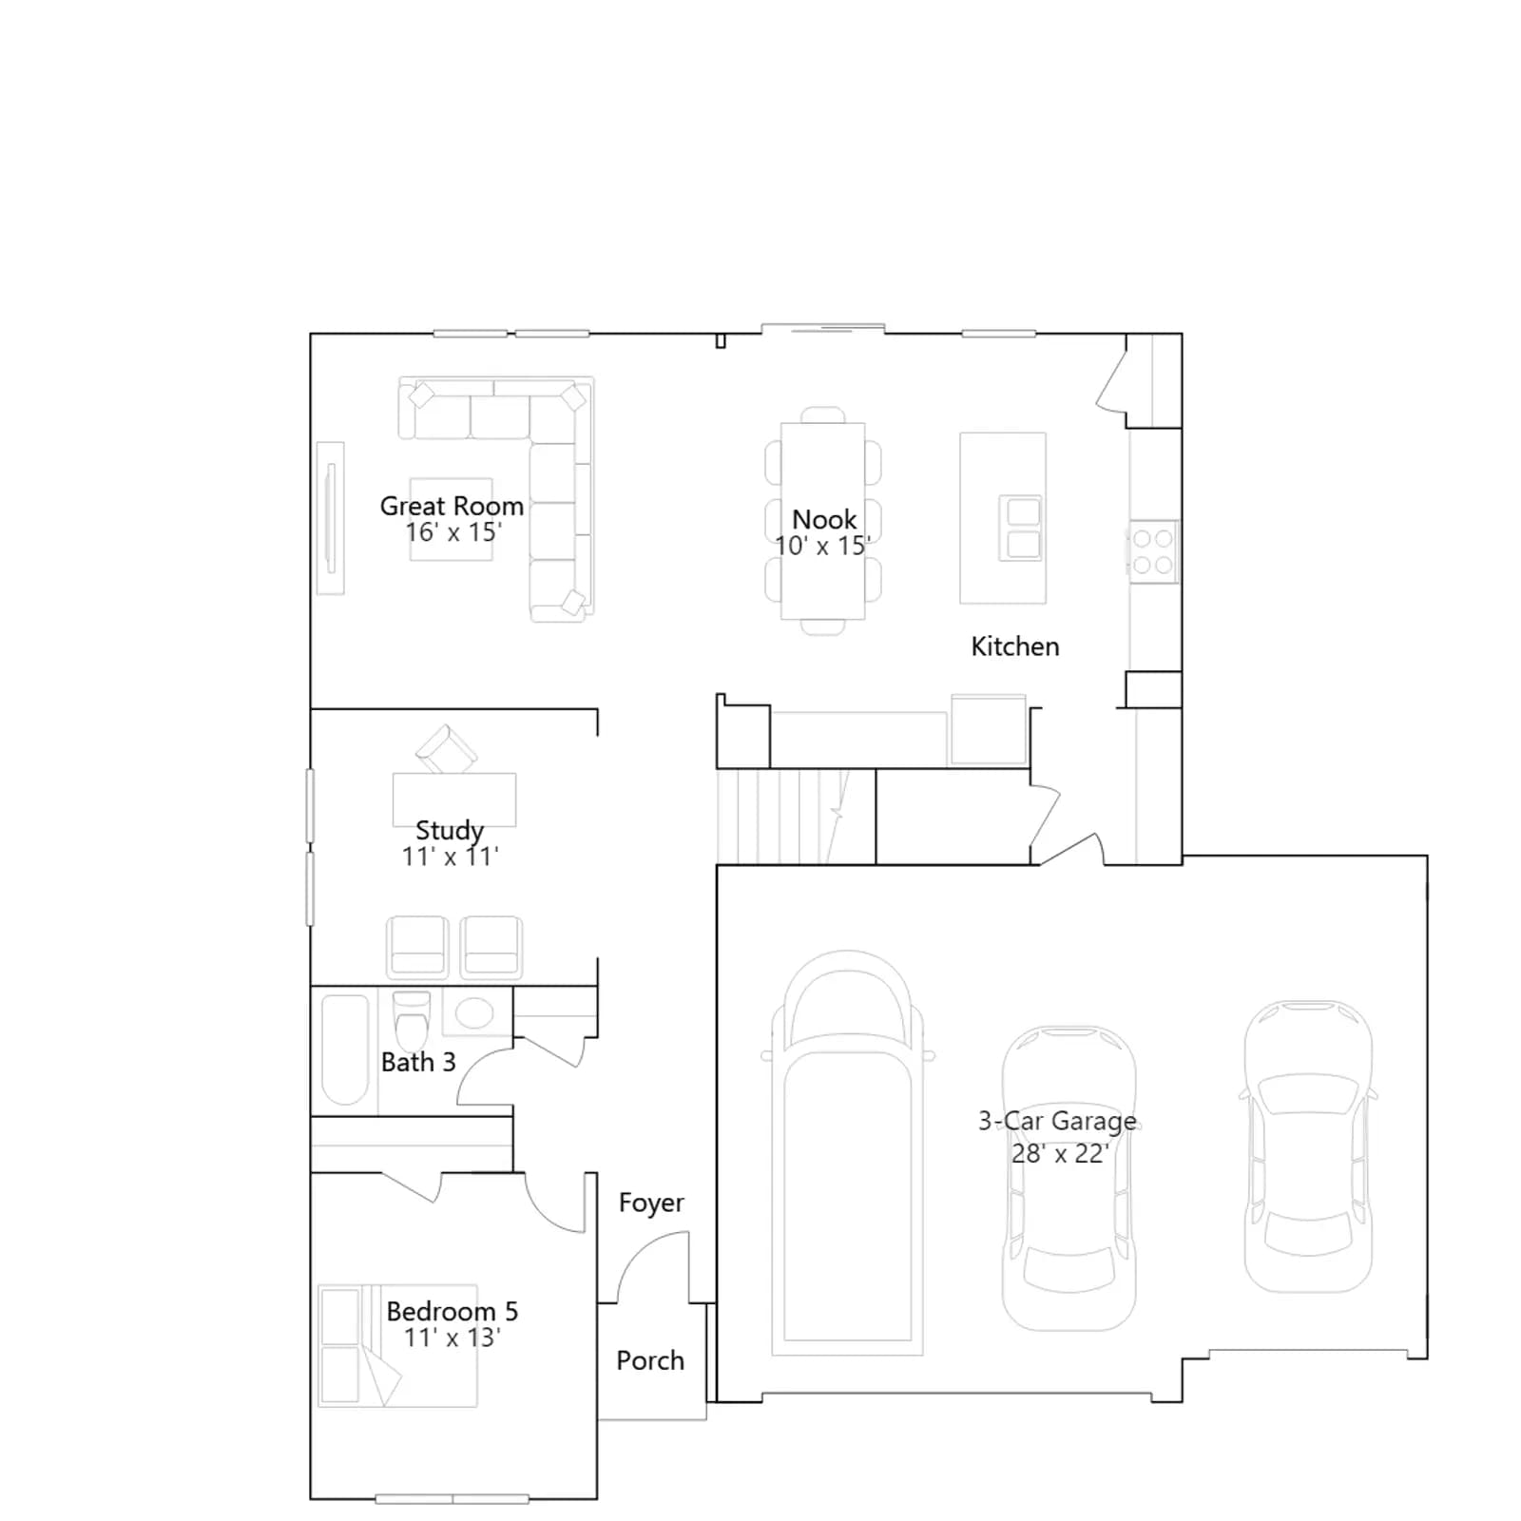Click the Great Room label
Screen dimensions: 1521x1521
(452, 506)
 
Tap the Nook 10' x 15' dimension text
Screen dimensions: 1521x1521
(822, 546)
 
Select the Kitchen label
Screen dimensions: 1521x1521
(1015, 646)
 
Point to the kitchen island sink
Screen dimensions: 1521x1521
(1020, 528)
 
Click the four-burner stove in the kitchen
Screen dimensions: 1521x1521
(1153, 551)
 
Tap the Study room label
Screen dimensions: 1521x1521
(450, 830)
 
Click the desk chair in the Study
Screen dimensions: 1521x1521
(447, 750)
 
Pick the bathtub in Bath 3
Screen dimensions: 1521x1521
(345, 1049)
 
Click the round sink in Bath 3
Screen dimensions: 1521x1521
(474, 1013)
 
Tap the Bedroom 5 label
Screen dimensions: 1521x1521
(452, 1311)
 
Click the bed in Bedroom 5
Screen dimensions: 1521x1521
(397, 1346)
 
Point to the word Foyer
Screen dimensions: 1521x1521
(651, 1203)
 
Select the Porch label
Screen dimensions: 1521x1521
(650, 1360)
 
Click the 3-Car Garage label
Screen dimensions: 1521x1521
(1058, 1121)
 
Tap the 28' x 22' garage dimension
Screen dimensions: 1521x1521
(1060, 1153)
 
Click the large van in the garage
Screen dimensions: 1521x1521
(847, 1152)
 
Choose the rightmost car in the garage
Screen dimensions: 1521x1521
(1308, 1146)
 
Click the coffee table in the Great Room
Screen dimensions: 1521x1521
(452, 519)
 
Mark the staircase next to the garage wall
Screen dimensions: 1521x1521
(796, 817)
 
